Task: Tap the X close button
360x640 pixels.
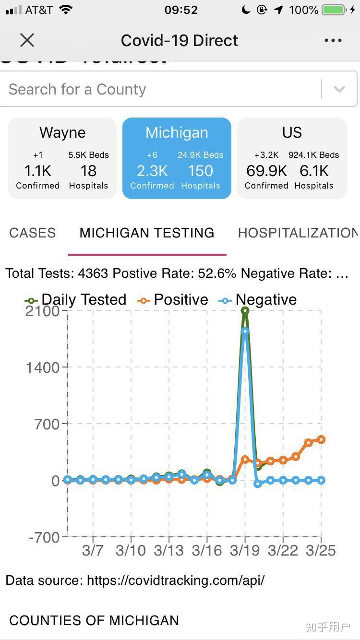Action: coord(27,40)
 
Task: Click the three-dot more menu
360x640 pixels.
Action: coord(333,40)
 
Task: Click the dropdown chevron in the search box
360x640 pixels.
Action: coord(339,89)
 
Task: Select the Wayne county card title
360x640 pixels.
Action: coord(62,133)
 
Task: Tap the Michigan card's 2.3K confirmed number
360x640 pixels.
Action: coord(152,171)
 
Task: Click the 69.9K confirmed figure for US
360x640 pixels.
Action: coord(266,171)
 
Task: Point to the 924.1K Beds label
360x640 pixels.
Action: coord(314,155)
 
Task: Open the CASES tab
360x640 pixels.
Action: coord(33,233)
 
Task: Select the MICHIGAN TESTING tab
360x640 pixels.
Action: coord(147,233)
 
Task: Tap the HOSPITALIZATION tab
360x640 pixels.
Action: coord(298,233)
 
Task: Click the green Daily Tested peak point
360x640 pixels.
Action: coord(245,311)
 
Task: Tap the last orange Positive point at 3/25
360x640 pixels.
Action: coord(321,439)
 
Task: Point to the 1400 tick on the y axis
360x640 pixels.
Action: coord(43,367)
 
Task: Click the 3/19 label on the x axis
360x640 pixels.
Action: coord(245,550)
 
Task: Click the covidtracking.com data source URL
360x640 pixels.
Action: coord(175,581)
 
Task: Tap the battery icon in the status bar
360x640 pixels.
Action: coord(334,10)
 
